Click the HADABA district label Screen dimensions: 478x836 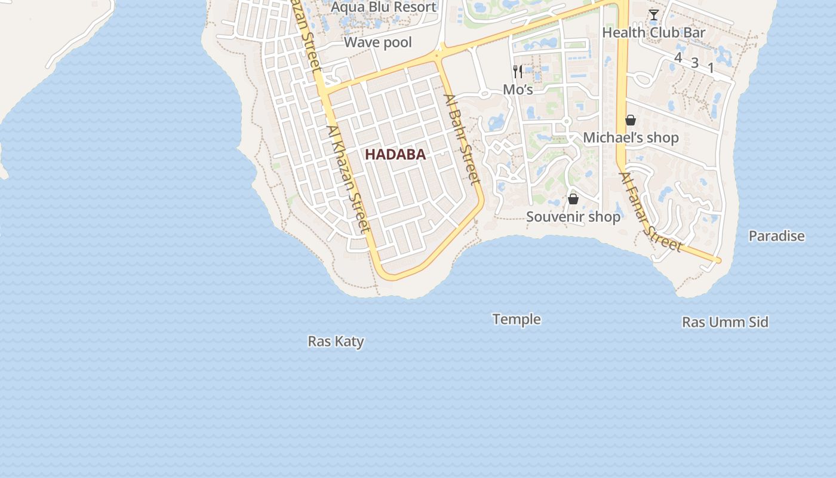[395, 154]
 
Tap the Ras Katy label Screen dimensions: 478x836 [336, 341]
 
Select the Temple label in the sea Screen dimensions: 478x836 [517, 319]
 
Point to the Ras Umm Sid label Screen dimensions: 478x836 [725, 322]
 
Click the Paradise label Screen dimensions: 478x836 [776, 236]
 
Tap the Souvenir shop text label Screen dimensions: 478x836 [573, 216]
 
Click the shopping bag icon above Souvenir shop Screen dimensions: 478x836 [573, 198]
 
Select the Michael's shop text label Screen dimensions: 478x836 [631, 137]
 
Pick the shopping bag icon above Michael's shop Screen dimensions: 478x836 [631, 120]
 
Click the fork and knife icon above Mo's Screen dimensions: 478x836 [518, 72]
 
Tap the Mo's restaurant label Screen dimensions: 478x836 [518, 89]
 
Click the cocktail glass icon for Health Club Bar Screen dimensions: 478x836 [654, 15]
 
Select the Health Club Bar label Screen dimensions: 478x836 [654, 32]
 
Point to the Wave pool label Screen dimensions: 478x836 [378, 42]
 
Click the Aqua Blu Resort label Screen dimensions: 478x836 [383, 7]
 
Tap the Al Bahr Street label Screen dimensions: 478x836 [462, 139]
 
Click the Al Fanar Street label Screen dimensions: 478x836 [650, 212]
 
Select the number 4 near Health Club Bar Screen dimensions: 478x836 [678, 57]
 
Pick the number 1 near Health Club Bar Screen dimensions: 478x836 [711, 68]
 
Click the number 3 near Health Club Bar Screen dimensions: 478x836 [694, 63]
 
